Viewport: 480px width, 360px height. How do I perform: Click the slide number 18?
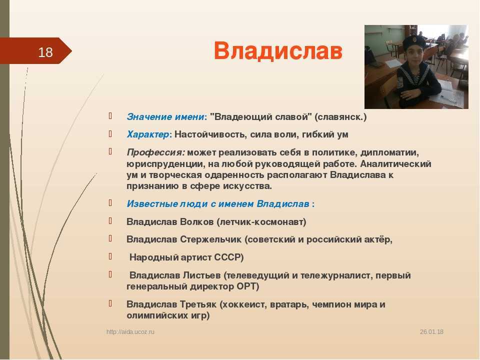point(45,52)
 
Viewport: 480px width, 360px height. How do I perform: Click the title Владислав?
point(278,50)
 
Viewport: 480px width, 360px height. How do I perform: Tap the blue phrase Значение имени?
point(165,117)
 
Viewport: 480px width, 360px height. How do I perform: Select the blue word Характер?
point(147,134)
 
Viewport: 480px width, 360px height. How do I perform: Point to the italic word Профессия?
point(155,152)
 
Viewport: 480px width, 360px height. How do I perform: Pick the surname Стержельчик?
point(210,239)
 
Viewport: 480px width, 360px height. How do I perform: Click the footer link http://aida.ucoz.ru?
point(130,332)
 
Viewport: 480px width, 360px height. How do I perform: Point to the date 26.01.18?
point(431,332)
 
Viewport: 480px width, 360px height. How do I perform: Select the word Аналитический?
point(395,164)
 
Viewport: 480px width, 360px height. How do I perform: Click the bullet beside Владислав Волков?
point(110,220)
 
